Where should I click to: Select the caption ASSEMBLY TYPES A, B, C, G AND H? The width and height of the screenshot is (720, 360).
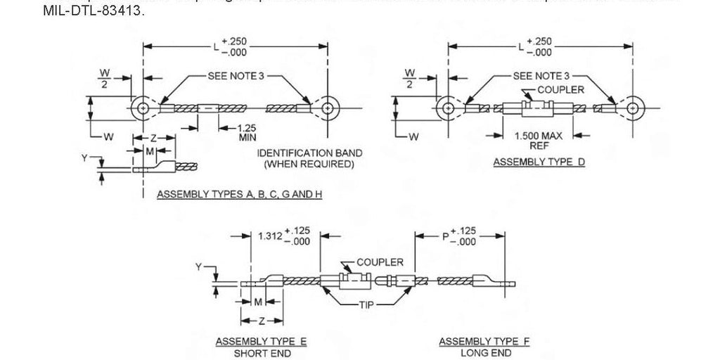238,193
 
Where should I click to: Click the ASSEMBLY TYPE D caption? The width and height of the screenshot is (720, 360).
539,162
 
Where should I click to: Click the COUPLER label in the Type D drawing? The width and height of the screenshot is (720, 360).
560,90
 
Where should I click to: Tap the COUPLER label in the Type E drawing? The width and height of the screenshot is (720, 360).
380,262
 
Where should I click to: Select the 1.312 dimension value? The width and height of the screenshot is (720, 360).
270,237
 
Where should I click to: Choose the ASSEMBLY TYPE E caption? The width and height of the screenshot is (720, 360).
261,342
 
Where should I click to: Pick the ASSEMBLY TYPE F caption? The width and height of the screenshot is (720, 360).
484,342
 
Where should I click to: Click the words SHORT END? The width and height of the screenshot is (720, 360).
261,352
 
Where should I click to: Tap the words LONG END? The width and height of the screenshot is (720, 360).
484,352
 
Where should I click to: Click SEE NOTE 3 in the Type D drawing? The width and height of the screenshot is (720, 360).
541,75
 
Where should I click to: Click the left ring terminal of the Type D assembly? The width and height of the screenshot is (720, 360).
447,109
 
